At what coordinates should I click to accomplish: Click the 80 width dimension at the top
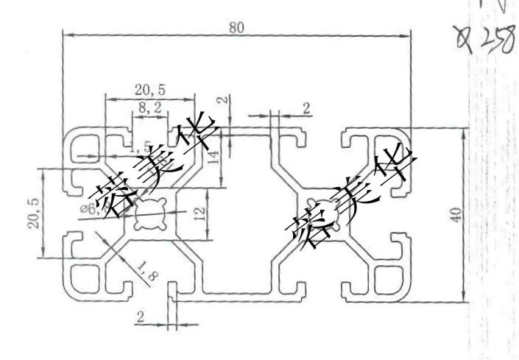(236, 29)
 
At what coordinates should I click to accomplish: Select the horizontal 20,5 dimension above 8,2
(149, 90)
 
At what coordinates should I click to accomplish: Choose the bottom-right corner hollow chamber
(384, 280)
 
